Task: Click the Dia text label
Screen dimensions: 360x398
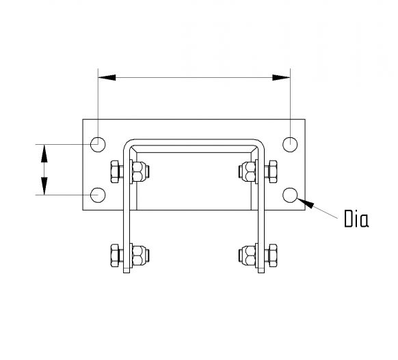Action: point(356,219)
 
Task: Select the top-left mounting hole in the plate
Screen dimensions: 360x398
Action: point(98,144)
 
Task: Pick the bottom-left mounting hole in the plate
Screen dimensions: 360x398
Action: point(98,195)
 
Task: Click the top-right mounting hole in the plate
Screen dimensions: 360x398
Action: point(291,144)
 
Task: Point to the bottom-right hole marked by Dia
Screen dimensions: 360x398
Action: point(291,195)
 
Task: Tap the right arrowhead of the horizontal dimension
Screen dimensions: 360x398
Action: point(282,77)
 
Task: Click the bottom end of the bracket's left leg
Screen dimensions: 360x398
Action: point(127,272)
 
